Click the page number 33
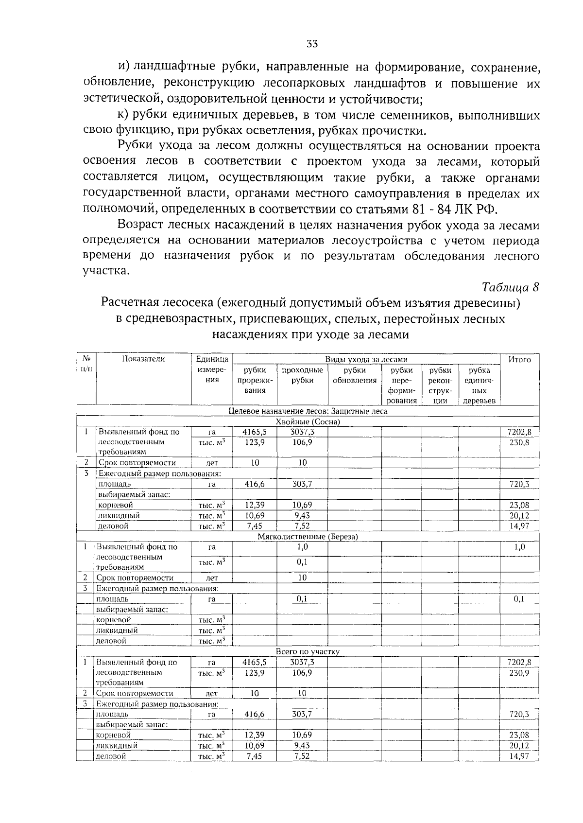point(312,44)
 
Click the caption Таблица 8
point(511,287)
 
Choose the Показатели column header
point(143,359)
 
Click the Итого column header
point(519,360)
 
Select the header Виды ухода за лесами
point(366,360)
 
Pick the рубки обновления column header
point(355,375)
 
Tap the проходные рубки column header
point(302,375)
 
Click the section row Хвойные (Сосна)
point(308,421)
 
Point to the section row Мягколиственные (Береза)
point(308,537)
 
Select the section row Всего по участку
point(308,651)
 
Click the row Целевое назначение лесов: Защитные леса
point(308,411)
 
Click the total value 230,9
point(519,673)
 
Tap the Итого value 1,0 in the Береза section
point(519,547)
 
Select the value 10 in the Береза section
point(302,578)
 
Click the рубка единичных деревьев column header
point(479,385)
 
